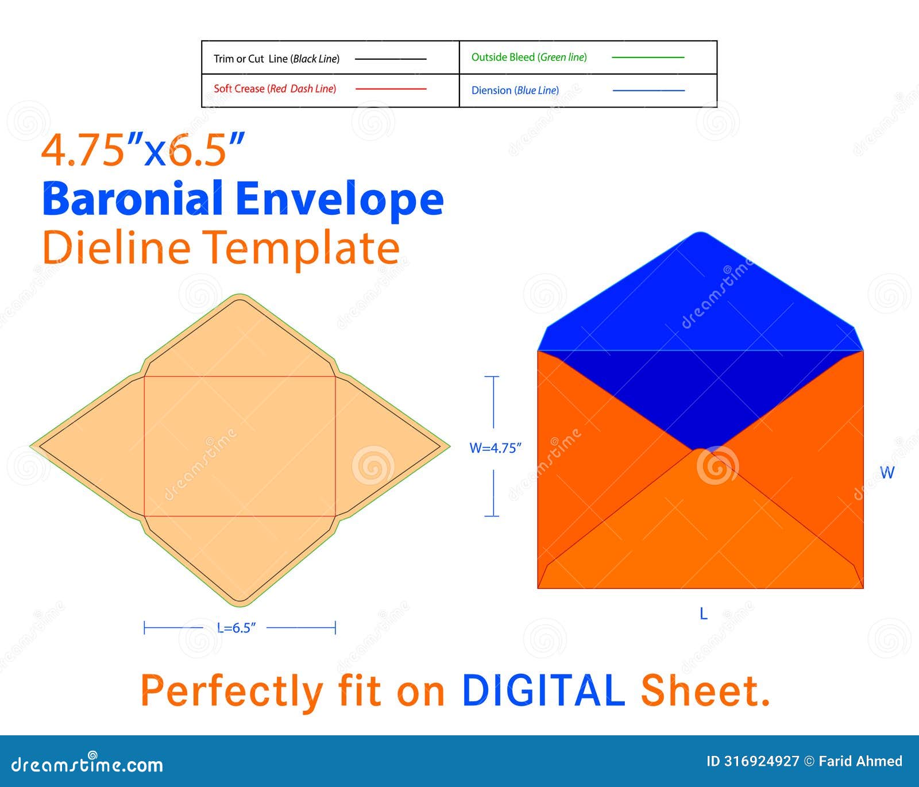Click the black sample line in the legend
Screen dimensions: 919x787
point(391,59)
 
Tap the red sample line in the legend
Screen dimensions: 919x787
point(391,89)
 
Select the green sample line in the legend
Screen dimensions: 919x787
point(648,57)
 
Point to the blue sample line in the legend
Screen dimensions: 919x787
point(648,90)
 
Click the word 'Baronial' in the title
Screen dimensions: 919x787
point(133,198)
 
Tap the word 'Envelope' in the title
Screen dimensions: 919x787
point(339,199)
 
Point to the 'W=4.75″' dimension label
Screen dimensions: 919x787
point(495,448)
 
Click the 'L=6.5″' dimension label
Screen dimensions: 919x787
point(236,628)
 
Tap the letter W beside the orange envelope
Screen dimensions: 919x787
point(887,473)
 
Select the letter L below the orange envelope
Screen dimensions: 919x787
point(704,614)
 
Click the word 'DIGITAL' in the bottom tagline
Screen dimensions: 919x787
point(543,690)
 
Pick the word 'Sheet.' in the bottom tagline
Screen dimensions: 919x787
point(705,690)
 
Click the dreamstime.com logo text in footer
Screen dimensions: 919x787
point(87,764)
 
